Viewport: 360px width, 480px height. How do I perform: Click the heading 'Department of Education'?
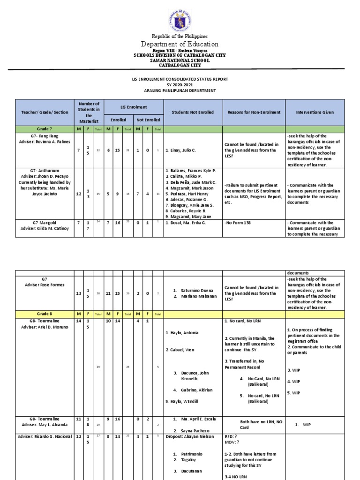point(180,44)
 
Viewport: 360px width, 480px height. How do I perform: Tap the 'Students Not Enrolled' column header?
point(192,112)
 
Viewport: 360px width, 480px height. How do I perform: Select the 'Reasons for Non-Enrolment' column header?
point(254,112)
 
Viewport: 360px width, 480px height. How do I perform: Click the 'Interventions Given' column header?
point(315,112)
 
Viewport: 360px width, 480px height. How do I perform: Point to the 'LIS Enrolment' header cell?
point(133,107)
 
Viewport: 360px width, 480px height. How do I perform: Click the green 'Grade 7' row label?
point(46,129)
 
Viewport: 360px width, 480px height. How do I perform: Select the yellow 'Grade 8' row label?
point(46,314)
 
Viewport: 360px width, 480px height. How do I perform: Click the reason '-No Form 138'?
point(238,223)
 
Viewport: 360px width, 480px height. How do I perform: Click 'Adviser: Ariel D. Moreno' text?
point(46,327)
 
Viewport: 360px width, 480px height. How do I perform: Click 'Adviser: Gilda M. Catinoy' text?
point(46,229)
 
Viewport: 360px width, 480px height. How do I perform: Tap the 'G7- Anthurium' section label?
point(46,171)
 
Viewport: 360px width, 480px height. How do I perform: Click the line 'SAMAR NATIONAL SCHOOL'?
point(180,60)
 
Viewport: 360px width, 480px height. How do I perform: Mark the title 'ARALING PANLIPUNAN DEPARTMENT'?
point(180,90)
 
